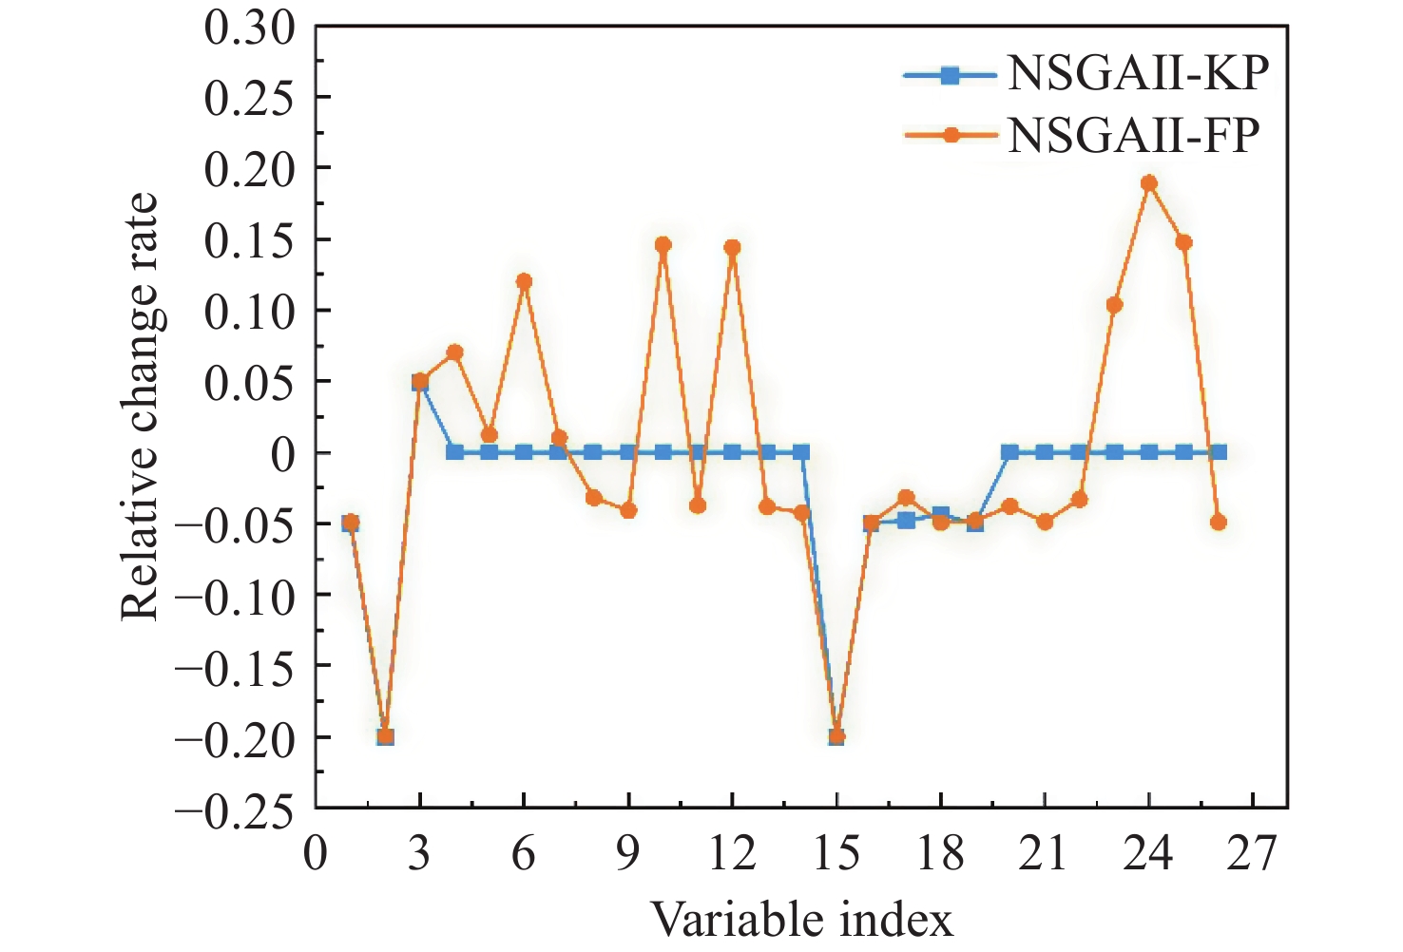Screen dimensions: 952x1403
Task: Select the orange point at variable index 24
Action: [x=1149, y=183]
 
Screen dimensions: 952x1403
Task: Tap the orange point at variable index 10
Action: [x=663, y=245]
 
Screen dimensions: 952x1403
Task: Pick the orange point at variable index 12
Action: [x=732, y=248]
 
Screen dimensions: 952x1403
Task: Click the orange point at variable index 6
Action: [x=524, y=281]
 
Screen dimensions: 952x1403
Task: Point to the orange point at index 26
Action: [x=1219, y=523]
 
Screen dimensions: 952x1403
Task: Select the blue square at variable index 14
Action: [x=801, y=452]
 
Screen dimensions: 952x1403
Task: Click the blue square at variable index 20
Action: [x=1009, y=452]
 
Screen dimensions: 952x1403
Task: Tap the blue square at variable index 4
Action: [x=454, y=452]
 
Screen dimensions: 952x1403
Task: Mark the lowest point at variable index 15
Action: [x=836, y=736]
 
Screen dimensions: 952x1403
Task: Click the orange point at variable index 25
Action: [x=1183, y=242]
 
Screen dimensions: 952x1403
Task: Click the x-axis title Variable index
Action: [x=801, y=920]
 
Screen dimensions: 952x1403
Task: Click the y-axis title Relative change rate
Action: [x=139, y=407]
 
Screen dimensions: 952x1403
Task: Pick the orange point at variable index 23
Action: [x=1114, y=305]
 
